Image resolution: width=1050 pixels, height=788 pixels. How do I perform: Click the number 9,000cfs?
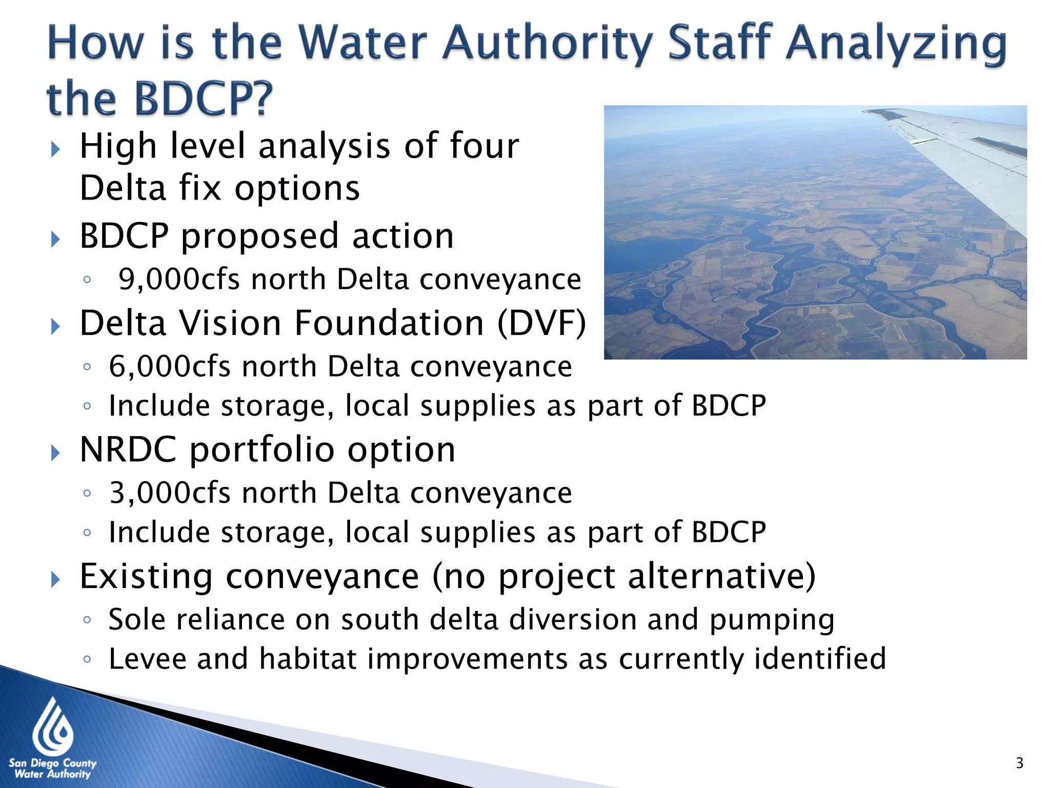pyautogui.click(x=179, y=280)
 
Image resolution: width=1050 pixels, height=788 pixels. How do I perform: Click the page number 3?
pyautogui.click(x=1019, y=763)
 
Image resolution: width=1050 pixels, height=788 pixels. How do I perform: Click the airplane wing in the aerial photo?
pyautogui.click(x=964, y=149)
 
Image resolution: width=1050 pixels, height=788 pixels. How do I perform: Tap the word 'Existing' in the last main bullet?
pyautogui.click(x=147, y=577)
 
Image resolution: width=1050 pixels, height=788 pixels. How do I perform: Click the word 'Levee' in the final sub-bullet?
pyautogui.click(x=148, y=659)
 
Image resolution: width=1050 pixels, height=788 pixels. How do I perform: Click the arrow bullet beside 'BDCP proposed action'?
pyautogui.click(x=55, y=239)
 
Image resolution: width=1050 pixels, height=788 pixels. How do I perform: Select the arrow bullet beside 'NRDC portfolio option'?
pyautogui.click(x=55, y=453)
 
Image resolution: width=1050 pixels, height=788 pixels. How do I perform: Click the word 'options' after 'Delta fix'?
pyautogui.click(x=297, y=189)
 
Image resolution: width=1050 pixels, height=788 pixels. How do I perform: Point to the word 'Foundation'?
pyautogui.click(x=390, y=324)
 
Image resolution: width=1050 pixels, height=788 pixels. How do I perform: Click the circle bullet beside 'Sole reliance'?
pyautogui.click(x=87, y=620)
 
